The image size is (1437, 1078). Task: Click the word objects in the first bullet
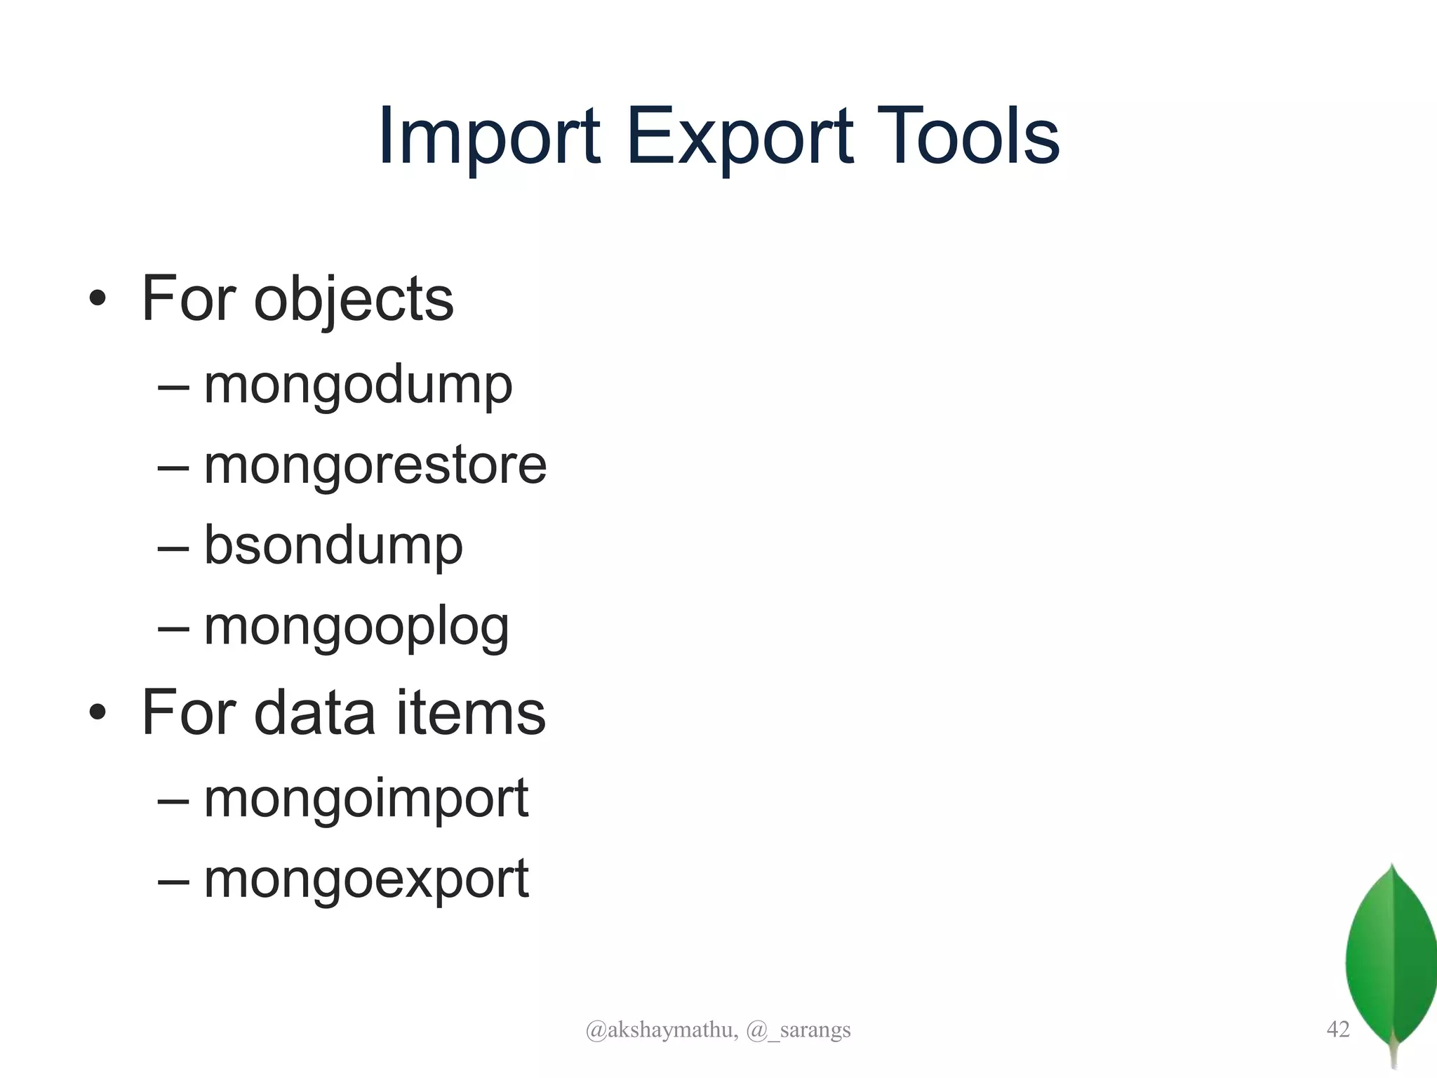tap(354, 300)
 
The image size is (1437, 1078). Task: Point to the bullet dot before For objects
tap(98, 300)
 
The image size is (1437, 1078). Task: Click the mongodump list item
tap(358, 385)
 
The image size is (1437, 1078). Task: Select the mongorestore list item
tap(375, 465)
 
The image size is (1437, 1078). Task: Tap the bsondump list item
tap(333, 545)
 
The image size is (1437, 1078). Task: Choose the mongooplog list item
tap(356, 627)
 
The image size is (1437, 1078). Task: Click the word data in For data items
tap(314, 713)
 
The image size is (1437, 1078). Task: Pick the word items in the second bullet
tap(471, 713)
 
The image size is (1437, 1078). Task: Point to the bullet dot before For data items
tap(98, 713)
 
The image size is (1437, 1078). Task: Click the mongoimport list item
tap(366, 799)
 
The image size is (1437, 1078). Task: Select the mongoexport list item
tap(366, 879)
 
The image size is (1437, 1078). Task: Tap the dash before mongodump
tap(173, 387)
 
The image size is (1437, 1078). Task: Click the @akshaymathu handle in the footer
tap(661, 1030)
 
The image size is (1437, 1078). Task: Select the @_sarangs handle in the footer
tap(798, 1030)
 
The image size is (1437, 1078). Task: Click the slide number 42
tap(1338, 1029)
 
